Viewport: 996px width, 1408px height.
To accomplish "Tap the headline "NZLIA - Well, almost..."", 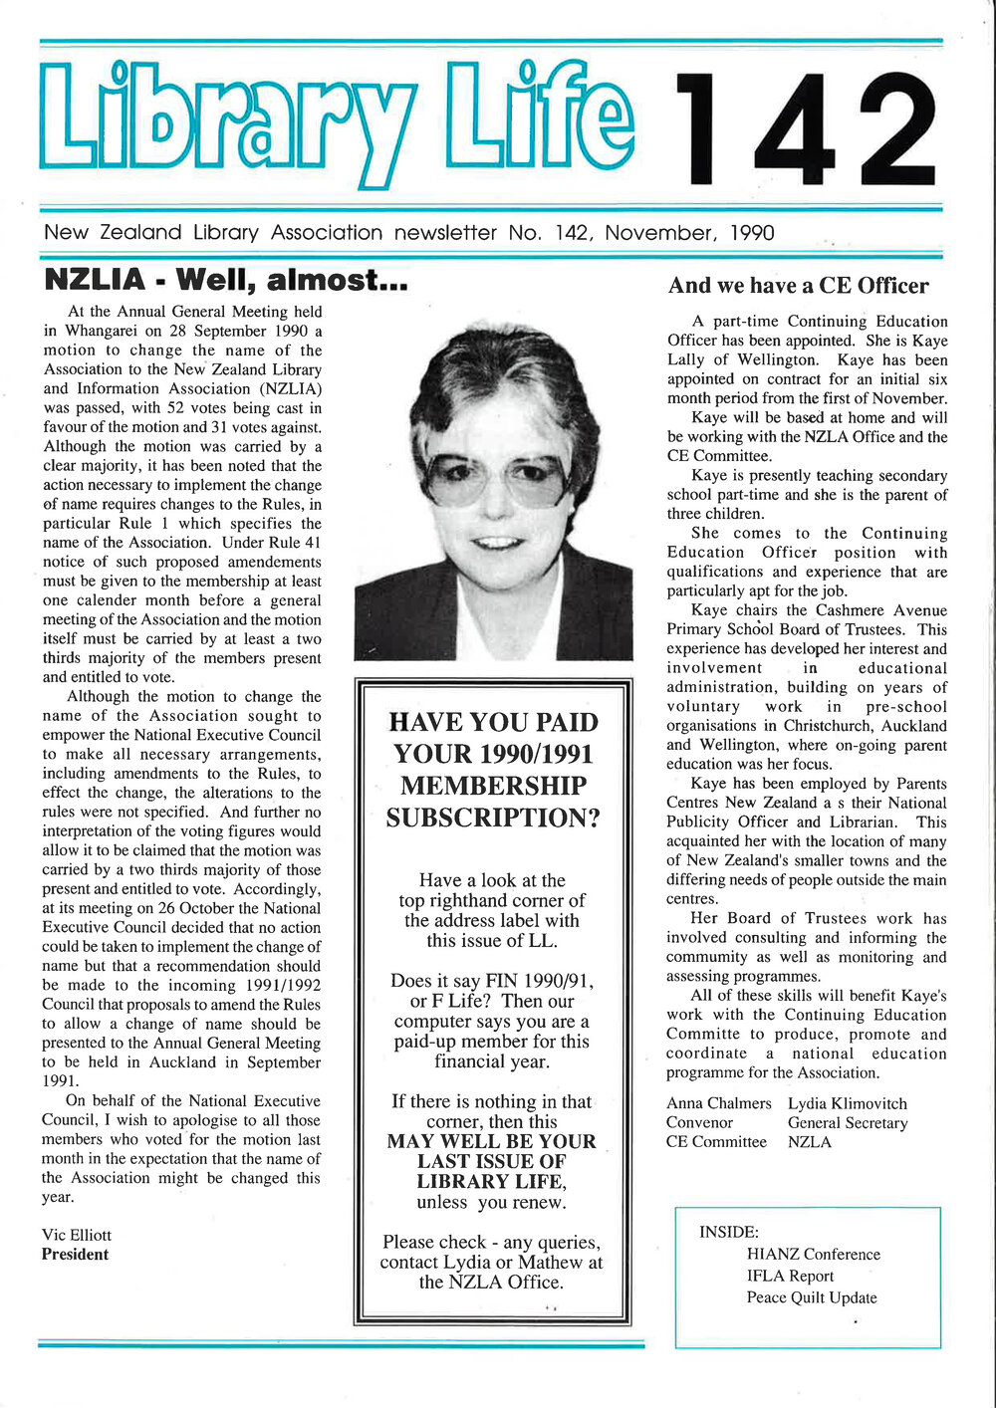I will point(226,280).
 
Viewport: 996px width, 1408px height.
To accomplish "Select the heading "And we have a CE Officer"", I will point(798,286).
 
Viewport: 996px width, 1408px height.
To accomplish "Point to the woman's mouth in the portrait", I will point(495,543).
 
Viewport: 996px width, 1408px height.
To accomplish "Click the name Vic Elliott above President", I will point(77,1235).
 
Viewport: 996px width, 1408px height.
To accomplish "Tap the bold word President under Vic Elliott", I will point(75,1255).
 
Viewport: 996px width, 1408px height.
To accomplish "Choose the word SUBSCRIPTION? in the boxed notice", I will point(493,819).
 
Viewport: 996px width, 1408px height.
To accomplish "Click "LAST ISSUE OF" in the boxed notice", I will point(491,1162).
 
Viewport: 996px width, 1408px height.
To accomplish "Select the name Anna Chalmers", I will point(718,1103).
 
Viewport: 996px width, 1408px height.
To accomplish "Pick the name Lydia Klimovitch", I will point(848,1103).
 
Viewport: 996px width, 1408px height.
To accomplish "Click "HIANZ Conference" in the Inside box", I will point(813,1255).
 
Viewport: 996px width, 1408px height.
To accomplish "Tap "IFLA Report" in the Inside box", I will point(790,1277).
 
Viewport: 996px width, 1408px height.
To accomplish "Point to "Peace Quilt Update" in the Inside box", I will point(812,1297).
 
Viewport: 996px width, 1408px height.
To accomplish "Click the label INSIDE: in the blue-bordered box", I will point(729,1233).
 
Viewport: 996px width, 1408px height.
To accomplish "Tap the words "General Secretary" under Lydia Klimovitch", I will point(848,1123).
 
